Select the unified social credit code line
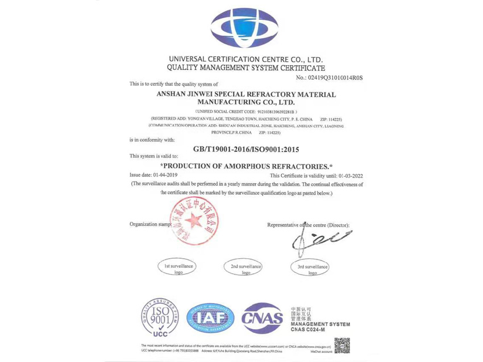tap(246, 112)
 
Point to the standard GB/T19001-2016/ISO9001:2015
tap(246, 149)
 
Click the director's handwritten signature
tap(318, 240)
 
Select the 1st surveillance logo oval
tap(178, 269)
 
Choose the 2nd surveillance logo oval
tap(246, 269)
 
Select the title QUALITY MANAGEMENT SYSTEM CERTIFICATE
tap(246, 68)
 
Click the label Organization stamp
tap(150, 225)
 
